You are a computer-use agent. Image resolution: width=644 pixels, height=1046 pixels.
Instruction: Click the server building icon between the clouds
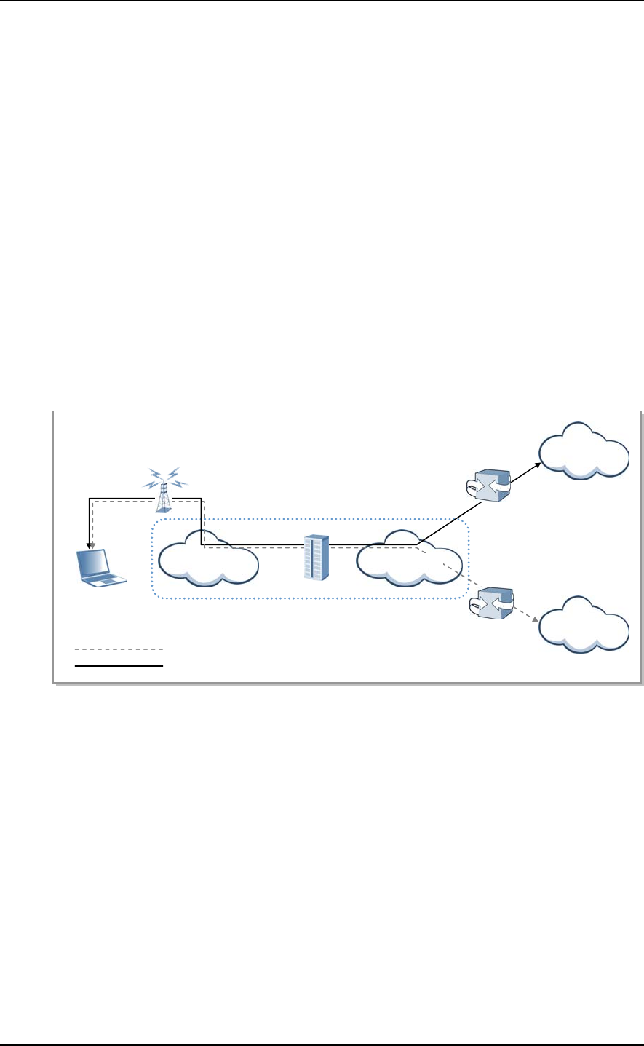[316, 557]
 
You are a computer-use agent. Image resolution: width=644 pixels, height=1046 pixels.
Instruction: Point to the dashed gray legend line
[119, 649]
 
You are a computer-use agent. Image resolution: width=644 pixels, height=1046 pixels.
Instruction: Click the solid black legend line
[119, 665]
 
